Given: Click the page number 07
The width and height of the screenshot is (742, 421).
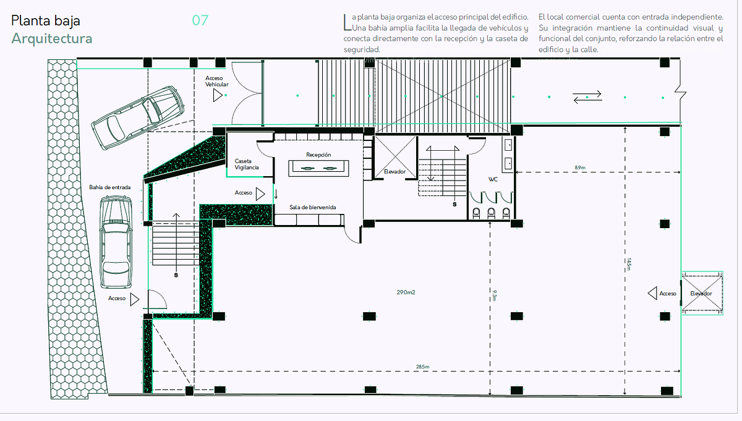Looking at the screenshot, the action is pos(200,20).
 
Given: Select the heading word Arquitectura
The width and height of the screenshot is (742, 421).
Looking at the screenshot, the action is pos(52,38).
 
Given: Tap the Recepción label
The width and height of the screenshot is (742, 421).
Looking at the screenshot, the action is pos(318,155).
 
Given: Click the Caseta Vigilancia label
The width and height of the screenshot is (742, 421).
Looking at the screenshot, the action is pos(247,164).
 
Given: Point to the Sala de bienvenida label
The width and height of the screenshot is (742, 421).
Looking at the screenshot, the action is pos(313,207).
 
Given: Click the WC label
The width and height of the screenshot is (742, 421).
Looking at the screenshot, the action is pos(493,179).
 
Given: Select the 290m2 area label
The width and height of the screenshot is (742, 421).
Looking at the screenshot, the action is pos(406,292).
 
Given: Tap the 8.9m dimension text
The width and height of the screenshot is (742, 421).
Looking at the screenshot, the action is pos(580,168).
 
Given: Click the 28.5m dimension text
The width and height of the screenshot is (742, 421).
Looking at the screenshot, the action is pos(423,367).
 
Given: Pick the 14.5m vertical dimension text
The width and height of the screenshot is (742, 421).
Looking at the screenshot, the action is pos(629,264).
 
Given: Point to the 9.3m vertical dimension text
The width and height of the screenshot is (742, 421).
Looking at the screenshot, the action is pos(494,295).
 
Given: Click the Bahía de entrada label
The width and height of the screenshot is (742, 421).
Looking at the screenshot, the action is pos(109,187).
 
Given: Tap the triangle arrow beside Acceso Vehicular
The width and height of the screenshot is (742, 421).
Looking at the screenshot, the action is pos(218,95).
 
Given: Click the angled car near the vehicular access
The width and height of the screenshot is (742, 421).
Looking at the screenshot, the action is pos(138,117).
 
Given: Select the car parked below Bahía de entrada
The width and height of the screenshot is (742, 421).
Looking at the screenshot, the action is pos(116,242).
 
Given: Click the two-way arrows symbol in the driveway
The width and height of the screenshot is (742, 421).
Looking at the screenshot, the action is pos(587,97).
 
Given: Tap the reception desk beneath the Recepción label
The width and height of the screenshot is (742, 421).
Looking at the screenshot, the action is pos(318,168).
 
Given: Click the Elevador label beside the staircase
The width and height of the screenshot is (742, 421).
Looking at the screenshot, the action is pos(394,172).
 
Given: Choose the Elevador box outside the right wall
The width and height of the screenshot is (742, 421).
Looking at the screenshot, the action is pos(702,293).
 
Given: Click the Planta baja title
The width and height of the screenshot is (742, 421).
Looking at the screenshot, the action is pos(46,20).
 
